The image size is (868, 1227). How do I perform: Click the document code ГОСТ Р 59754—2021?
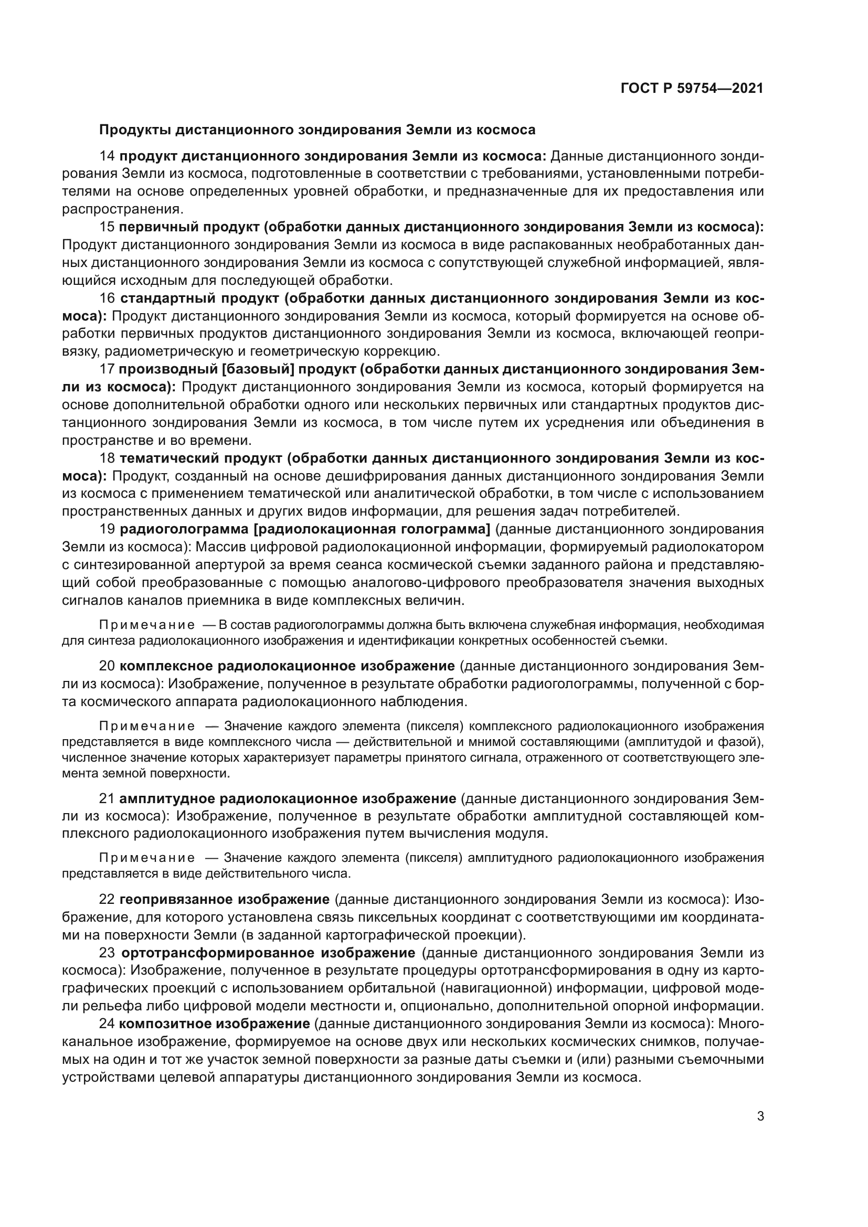(692, 88)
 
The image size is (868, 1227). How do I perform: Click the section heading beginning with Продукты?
(317, 130)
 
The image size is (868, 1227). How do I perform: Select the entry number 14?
(107, 156)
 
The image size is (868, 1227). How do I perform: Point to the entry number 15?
(107, 227)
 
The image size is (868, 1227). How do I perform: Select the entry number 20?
(107, 666)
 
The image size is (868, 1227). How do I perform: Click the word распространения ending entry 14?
(122, 209)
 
